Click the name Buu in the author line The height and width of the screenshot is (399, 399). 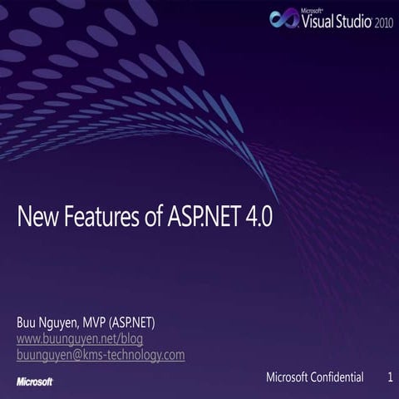27,322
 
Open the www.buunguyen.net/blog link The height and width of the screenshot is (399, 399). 80,338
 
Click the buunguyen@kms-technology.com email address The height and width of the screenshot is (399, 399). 101,355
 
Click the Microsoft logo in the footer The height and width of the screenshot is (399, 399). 35,382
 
